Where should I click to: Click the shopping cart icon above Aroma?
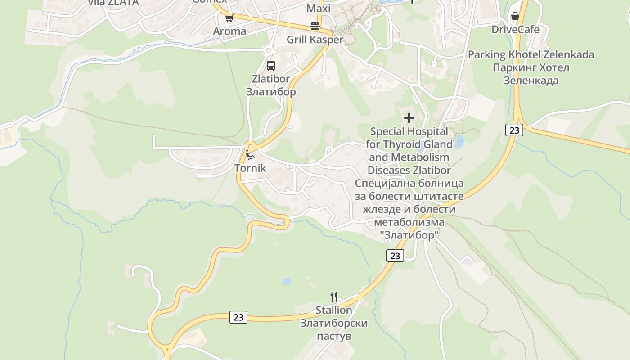click(229, 18)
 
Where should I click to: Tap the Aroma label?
click(229, 31)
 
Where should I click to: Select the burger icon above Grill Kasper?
click(315, 26)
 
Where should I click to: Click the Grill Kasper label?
click(315, 40)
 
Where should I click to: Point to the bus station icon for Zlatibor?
click(270, 66)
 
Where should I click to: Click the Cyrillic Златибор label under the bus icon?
click(271, 92)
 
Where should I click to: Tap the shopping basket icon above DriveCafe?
click(515, 17)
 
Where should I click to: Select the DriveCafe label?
click(515, 30)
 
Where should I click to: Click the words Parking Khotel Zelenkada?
click(531, 55)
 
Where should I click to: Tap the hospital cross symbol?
click(409, 118)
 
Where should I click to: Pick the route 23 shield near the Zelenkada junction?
click(514, 130)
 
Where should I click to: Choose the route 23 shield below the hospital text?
click(395, 256)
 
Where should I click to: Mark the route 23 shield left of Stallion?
click(238, 317)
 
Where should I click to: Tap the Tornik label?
click(250, 169)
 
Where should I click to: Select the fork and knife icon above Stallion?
click(333, 297)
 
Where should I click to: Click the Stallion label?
click(333, 310)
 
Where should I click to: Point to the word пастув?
click(333, 336)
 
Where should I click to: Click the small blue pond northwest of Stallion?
click(286, 282)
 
